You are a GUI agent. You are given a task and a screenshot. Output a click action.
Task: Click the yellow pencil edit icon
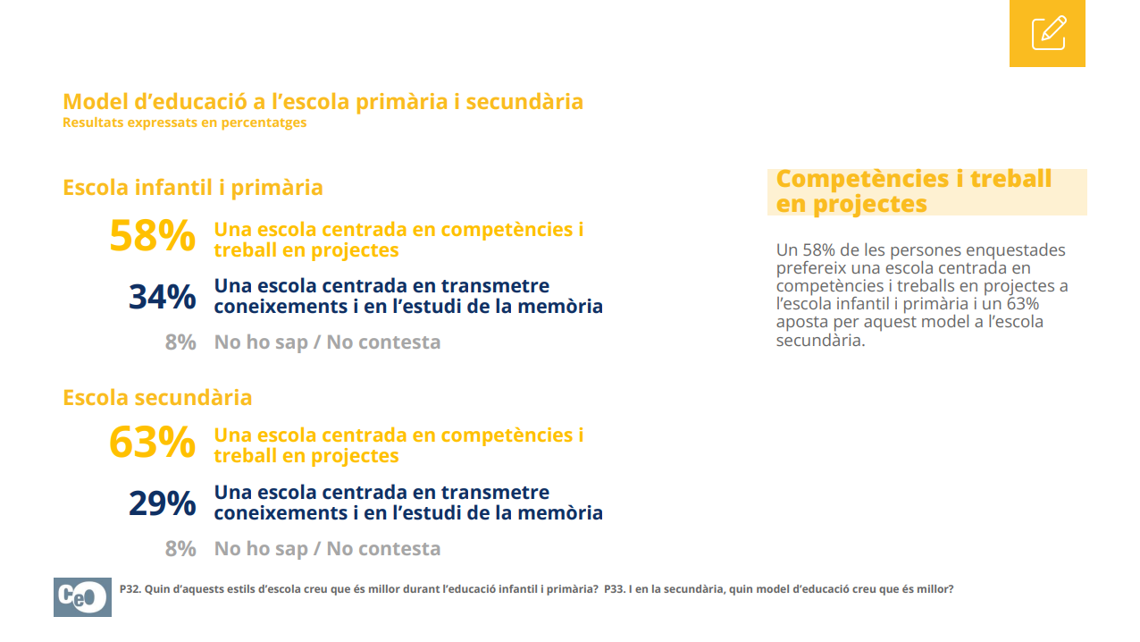pos(1047,33)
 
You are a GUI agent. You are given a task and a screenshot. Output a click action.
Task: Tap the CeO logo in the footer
pos(82,596)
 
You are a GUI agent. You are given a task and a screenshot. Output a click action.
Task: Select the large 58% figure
pos(152,235)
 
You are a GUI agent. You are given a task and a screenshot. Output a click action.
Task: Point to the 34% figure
pos(162,297)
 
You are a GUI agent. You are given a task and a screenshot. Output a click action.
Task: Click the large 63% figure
pos(152,441)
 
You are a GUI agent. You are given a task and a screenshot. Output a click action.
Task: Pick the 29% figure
pos(162,503)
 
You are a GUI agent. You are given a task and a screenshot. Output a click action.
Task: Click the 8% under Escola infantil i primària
pos(180,342)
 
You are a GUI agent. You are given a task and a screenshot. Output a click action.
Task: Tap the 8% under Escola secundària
pos(180,549)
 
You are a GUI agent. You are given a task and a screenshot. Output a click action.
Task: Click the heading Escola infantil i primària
pos(193,188)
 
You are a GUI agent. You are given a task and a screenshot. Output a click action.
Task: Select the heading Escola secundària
pos(157,397)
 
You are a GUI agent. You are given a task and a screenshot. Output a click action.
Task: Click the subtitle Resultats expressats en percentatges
pos(184,122)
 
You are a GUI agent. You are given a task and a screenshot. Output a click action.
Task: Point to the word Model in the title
pos(96,101)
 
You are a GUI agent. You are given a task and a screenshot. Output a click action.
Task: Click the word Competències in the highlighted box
pos(862,180)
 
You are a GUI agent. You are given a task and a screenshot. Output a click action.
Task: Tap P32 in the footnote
pos(130,589)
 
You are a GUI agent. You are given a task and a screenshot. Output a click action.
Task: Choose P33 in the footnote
pos(615,589)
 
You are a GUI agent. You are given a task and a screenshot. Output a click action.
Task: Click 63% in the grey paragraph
pos(1022,304)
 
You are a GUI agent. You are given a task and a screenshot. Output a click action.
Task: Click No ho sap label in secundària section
pos(261,549)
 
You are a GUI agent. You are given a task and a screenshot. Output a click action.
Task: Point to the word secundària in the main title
pos(524,101)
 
